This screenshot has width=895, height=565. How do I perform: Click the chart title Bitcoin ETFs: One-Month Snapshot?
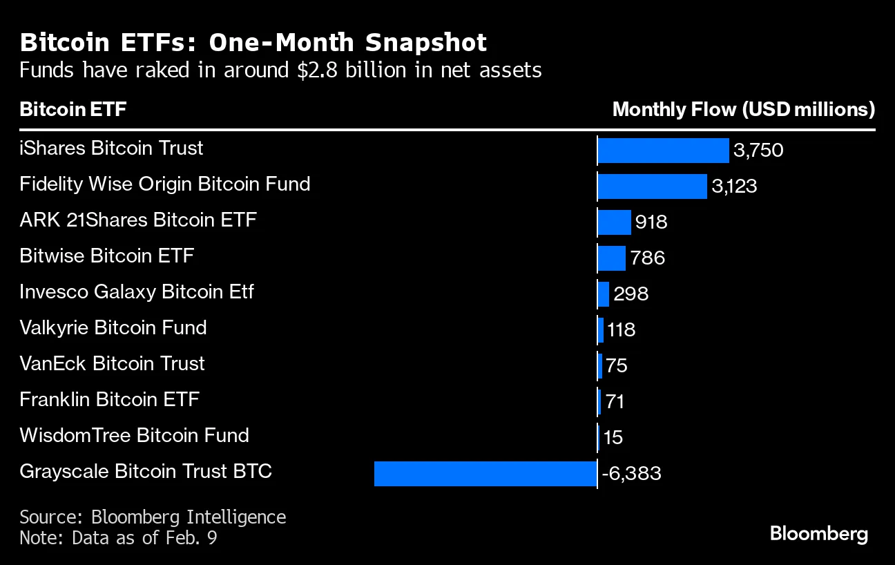point(253,43)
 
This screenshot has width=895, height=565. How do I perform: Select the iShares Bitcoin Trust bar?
point(663,150)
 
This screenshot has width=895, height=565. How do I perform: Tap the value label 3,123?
point(735,186)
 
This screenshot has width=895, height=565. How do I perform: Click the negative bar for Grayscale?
point(485,474)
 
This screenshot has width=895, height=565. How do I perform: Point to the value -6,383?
point(631,474)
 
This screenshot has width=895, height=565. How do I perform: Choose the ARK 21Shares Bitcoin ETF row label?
point(138,220)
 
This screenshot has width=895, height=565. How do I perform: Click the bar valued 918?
point(614,222)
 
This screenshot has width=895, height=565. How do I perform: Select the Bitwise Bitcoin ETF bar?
point(611,258)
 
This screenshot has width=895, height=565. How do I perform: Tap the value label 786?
point(648,258)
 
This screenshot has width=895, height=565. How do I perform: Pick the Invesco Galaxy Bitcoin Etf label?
point(137,292)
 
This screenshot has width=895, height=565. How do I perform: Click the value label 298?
point(631,294)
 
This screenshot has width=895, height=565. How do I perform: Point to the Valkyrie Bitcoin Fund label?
point(113,327)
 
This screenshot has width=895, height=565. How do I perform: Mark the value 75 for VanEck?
point(616,366)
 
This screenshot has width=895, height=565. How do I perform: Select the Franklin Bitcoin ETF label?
point(110,399)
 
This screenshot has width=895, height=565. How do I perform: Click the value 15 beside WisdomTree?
point(613,438)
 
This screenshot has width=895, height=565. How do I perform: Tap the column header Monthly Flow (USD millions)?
point(744,110)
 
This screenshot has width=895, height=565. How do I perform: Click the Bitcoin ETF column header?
point(73,110)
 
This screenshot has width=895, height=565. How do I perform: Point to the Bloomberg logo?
point(818,534)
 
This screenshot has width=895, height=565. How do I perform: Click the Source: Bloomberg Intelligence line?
point(153,517)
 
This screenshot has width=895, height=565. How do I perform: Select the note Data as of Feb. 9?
point(118,537)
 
